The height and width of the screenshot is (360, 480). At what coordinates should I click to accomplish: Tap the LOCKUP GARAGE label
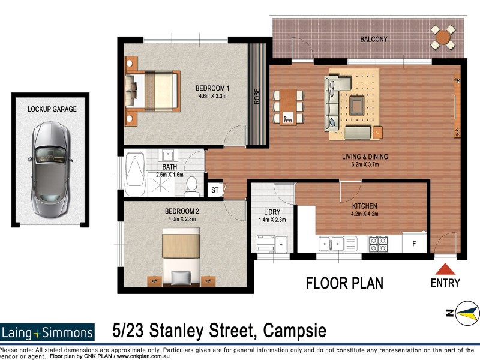point(52,109)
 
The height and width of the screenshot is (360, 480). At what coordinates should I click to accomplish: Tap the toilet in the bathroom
point(192,186)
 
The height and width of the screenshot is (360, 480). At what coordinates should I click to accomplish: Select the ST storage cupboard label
point(215,191)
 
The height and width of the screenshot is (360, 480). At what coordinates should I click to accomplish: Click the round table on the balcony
point(443,38)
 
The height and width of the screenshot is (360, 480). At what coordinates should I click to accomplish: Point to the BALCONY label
point(373,40)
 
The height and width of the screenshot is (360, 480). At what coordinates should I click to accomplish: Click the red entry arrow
point(445,269)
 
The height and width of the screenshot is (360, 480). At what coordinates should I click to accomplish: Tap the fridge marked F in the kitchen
point(413,244)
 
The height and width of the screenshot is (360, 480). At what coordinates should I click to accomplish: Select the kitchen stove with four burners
point(378,244)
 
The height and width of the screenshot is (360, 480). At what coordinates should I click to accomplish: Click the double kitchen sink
point(331,244)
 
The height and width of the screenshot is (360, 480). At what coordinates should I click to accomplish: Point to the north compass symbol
point(466,313)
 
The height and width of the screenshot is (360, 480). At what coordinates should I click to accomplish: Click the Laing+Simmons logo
point(47,332)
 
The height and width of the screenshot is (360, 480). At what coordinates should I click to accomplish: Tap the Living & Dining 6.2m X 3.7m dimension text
point(365,165)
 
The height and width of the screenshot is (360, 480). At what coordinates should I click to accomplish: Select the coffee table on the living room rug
point(357,106)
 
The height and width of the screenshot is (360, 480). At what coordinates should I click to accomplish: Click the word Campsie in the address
point(293,331)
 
